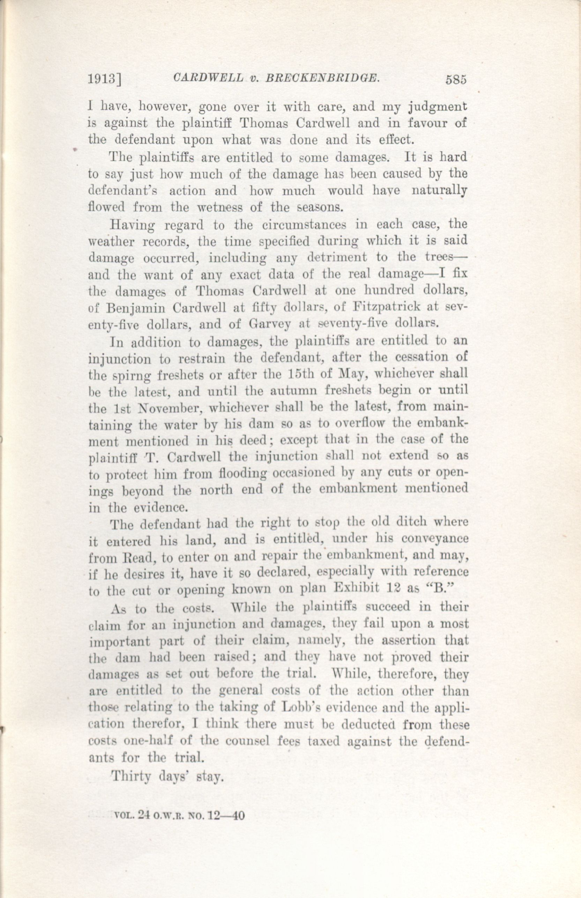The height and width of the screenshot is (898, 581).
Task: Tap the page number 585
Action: (456, 80)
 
